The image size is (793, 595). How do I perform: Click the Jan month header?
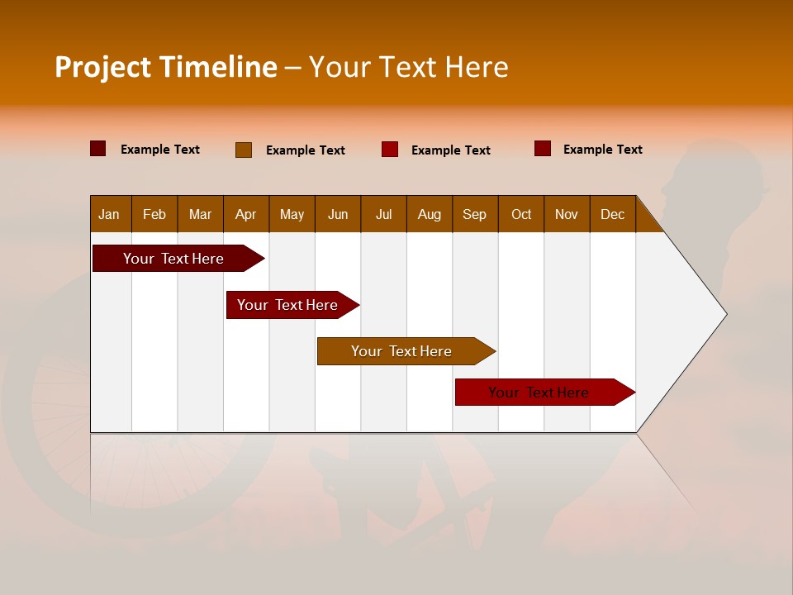click(x=109, y=214)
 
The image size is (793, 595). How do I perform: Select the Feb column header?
click(x=154, y=214)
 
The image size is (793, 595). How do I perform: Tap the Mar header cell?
click(x=200, y=214)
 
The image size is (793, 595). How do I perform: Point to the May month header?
click(x=292, y=214)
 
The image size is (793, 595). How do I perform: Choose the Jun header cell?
click(x=338, y=214)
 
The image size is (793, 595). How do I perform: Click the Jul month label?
click(x=383, y=214)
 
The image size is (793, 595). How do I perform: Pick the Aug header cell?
click(x=430, y=214)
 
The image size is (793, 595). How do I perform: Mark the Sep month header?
click(x=475, y=214)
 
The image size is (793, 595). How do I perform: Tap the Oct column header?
click(x=521, y=214)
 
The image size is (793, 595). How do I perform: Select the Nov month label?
click(x=567, y=214)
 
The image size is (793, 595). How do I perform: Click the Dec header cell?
click(x=613, y=214)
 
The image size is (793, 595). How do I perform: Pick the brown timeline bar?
click(x=402, y=351)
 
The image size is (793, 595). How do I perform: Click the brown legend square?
click(x=244, y=150)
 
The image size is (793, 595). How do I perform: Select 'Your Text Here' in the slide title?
click(x=409, y=67)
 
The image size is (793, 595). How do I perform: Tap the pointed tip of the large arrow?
click(x=724, y=314)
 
